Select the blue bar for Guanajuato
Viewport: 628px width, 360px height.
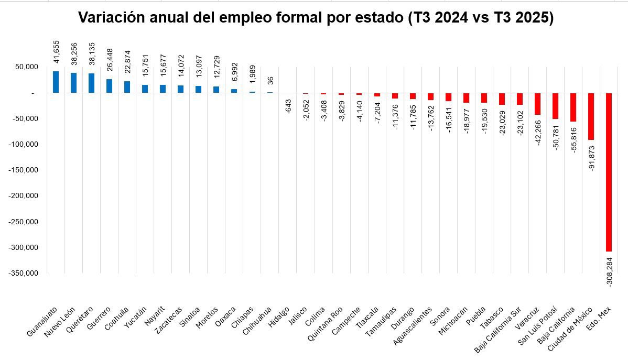tap(56, 82)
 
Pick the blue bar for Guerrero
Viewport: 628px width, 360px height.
tap(109, 86)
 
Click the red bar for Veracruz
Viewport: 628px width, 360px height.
tap(537, 104)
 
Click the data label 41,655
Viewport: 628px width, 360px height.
tap(56, 51)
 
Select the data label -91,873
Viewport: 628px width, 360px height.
tap(591, 157)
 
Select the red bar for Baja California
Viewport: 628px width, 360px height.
tap(573, 107)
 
